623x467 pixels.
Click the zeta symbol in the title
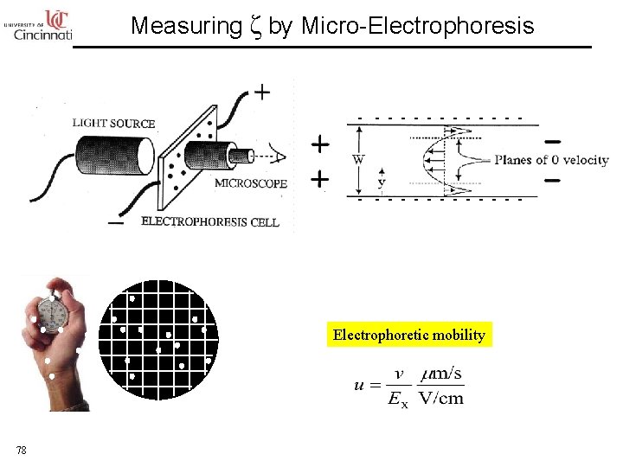click(x=254, y=27)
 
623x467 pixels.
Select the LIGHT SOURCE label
click(x=113, y=124)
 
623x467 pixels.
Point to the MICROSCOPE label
click(x=251, y=183)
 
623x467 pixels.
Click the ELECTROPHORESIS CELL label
click(x=209, y=221)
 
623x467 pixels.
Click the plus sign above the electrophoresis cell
click(x=260, y=92)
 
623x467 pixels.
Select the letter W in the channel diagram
click(x=358, y=159)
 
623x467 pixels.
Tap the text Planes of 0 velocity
click(x=551, y=160)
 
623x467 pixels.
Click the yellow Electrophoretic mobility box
click(x=408, y=335)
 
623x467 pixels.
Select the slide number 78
click(x=22, y=449)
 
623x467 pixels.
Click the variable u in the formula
click(x=358, y=386)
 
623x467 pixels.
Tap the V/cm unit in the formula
click(x=440, y=398)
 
